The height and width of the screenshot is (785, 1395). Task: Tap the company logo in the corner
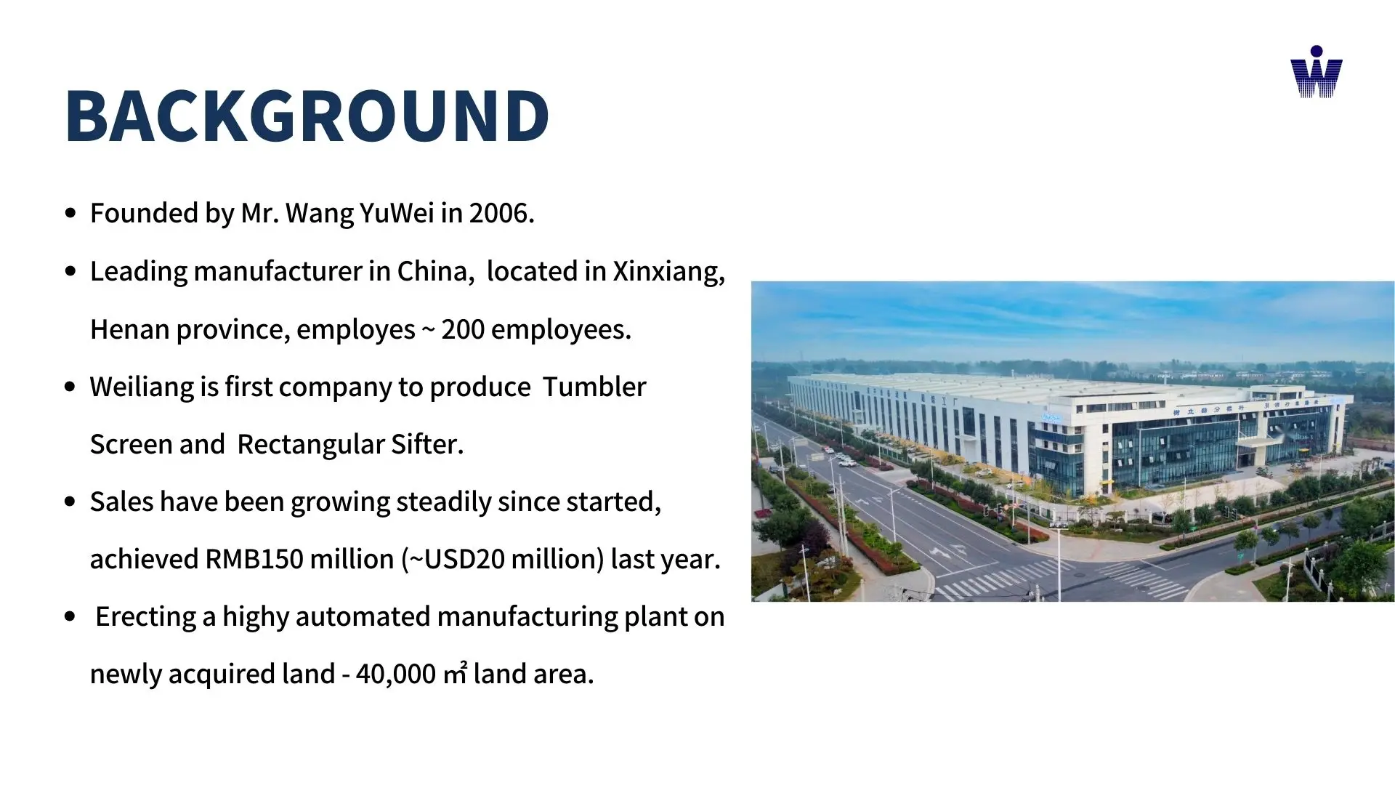point(1317,72)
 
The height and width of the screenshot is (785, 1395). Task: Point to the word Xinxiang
point(669,272)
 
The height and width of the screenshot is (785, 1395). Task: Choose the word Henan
point(130,329)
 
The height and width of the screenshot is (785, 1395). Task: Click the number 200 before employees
point(463,329)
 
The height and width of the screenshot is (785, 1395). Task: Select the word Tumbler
point(594,387)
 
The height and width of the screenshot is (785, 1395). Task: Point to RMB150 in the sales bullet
point(254,559)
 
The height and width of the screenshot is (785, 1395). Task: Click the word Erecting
point(145,617)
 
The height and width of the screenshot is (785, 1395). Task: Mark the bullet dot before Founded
point(70,214)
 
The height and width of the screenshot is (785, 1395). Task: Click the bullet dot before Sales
point(70,502)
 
